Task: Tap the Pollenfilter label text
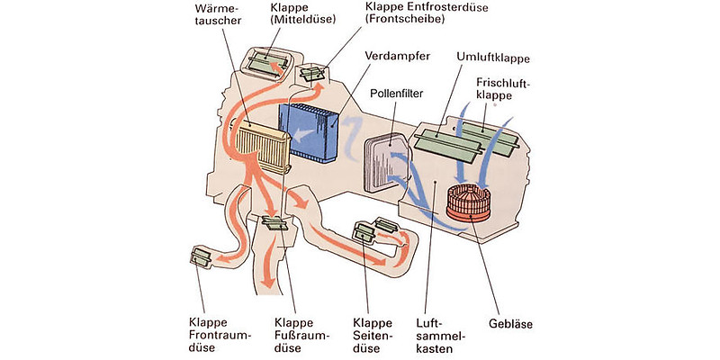click(397, 93)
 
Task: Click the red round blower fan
click(472, 202)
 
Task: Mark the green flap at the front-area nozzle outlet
click(200, 259)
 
